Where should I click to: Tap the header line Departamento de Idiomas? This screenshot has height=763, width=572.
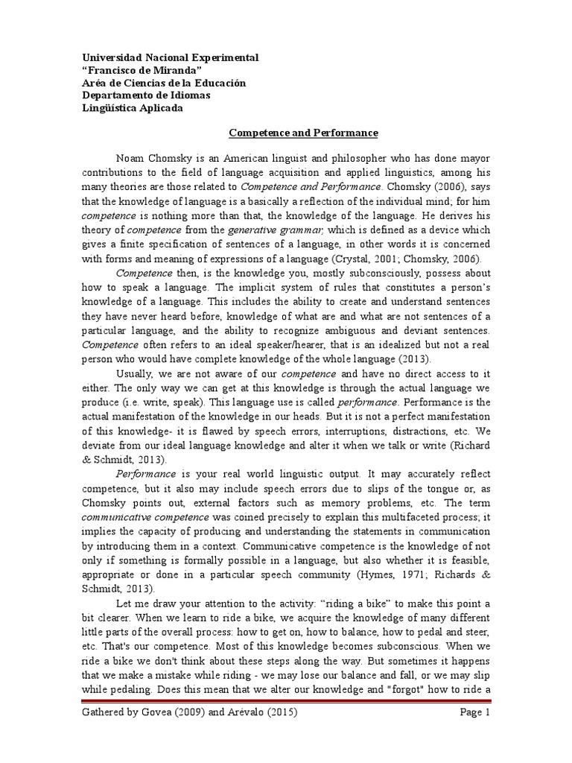(145, 95)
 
